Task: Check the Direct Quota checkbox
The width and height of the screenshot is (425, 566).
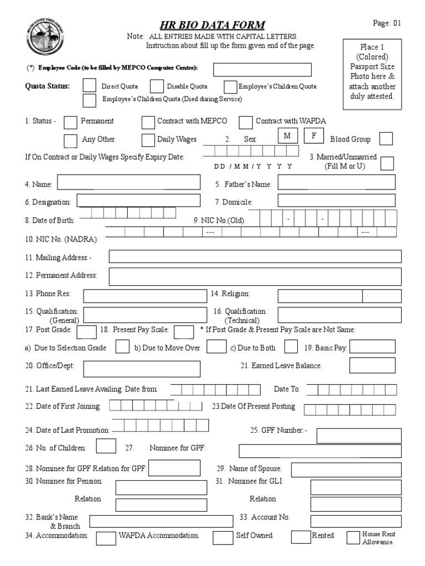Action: [89, 86]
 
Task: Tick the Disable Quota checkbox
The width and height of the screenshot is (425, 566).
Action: [157, 86]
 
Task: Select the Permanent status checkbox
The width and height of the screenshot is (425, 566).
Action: [71, 122]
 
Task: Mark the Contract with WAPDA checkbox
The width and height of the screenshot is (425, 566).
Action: [245, 122]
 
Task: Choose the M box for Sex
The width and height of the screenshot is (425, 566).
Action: [287, 137]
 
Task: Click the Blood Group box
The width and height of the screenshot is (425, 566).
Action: [386, 139]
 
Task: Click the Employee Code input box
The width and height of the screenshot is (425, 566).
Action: [262, 69]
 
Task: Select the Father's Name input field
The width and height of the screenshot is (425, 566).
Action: [336, 182]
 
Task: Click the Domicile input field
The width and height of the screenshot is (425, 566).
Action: [336, 201]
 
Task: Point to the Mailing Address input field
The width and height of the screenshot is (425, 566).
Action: [255, 256]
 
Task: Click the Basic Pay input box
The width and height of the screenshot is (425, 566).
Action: [372, 347]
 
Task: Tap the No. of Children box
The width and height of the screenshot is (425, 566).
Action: [106, 446]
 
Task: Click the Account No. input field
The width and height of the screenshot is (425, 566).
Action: [355, 521]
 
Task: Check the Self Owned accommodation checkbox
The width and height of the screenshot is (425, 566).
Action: [223, 537]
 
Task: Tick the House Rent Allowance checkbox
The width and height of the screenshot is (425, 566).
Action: [353, 537]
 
